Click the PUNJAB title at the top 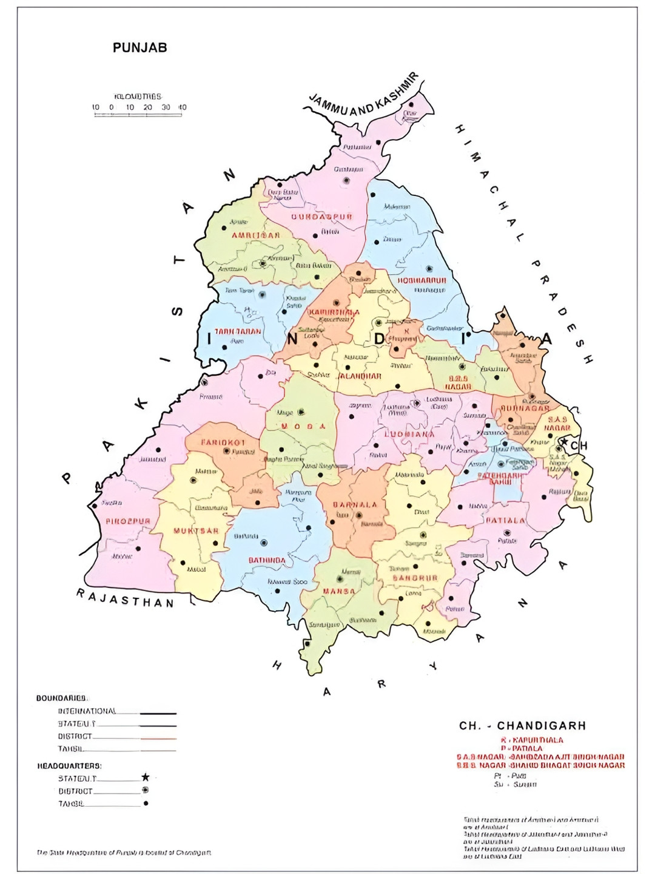click(x=139, y=47)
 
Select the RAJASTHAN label click(x=125, y=598)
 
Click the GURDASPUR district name click(x=321, y=217)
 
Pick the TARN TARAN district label click(x=238, y=331)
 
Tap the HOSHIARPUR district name click(x=422, y=280)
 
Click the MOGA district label click(x=303, y=426)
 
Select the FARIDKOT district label click(x=223, y=442)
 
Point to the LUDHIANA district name click(x=409, y=434)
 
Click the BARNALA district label click(x=355, y=504)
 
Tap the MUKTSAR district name click(x=196, y=530)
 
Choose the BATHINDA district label click(x=267, y=560)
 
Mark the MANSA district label click(x=338, y=591)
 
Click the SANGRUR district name click(x=415, y=578)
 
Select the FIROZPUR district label click(x=127, y=521)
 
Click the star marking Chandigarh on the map click(x=564, y=442)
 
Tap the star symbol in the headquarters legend click(x=146, y=777)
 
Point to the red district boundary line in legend click(x=158, y=739)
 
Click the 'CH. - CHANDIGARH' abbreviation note click(x=522, y=725)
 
